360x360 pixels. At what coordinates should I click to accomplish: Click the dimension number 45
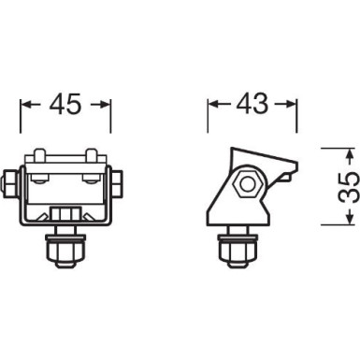coord(65,105)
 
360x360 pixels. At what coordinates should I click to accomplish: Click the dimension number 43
coord(252,105)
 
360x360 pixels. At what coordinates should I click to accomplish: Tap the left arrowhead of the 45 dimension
coord(26,105)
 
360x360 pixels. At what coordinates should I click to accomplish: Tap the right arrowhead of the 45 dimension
coord(106,105)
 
